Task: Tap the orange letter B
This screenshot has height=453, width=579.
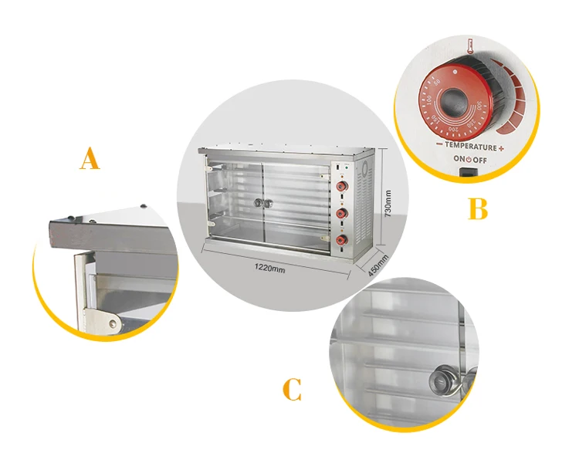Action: (478, 208)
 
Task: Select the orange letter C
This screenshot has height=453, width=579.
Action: (291, 389)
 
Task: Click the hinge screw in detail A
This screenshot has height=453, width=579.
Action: (115, 323)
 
